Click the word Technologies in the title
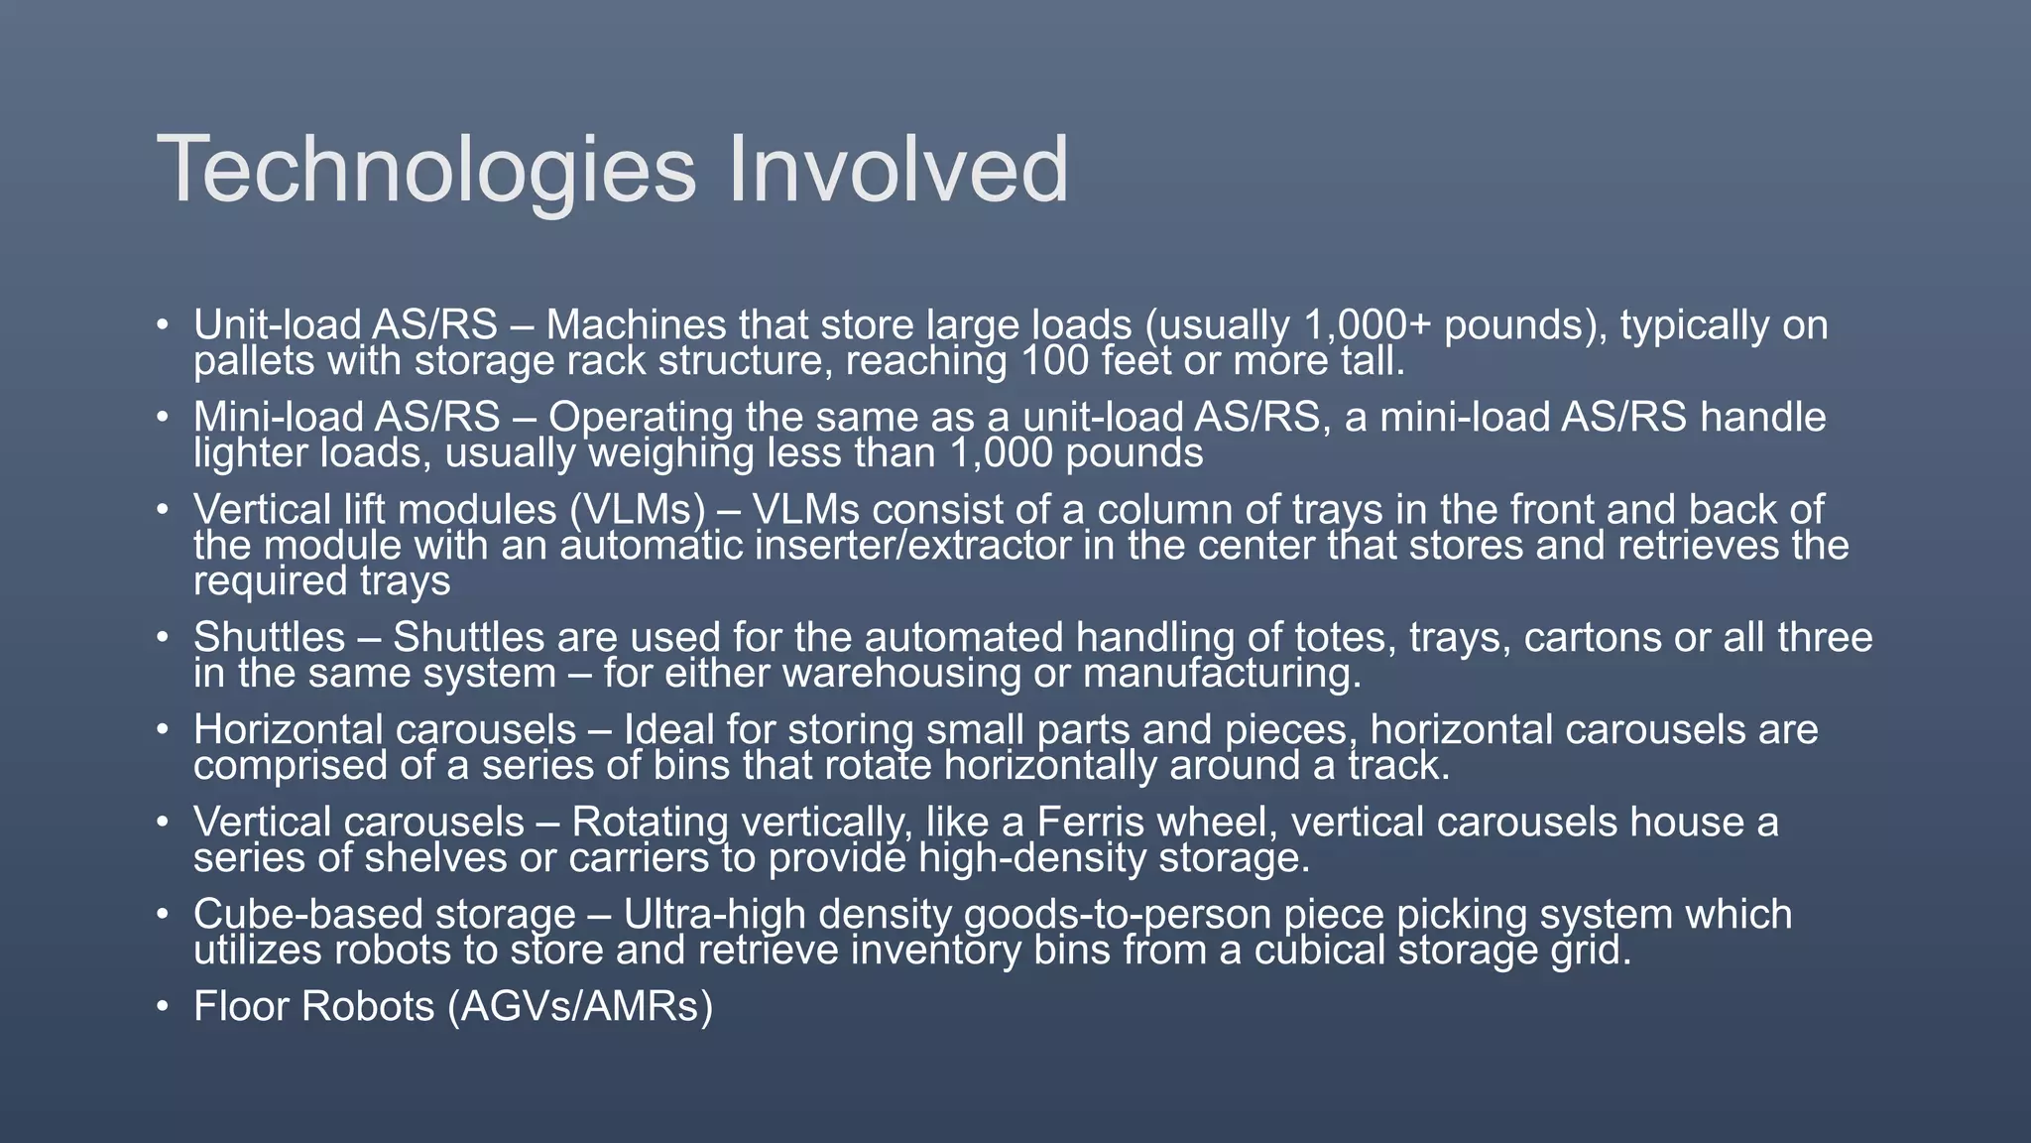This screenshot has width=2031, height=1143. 426,171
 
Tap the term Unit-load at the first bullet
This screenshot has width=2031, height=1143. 277,325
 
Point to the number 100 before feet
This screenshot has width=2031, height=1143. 1055,361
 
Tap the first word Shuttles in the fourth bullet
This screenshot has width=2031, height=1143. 269,638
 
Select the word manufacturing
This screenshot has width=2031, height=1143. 1222,674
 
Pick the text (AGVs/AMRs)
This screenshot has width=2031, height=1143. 580,1007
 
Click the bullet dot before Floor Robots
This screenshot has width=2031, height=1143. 163,1008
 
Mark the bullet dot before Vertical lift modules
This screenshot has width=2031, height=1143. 163,511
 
